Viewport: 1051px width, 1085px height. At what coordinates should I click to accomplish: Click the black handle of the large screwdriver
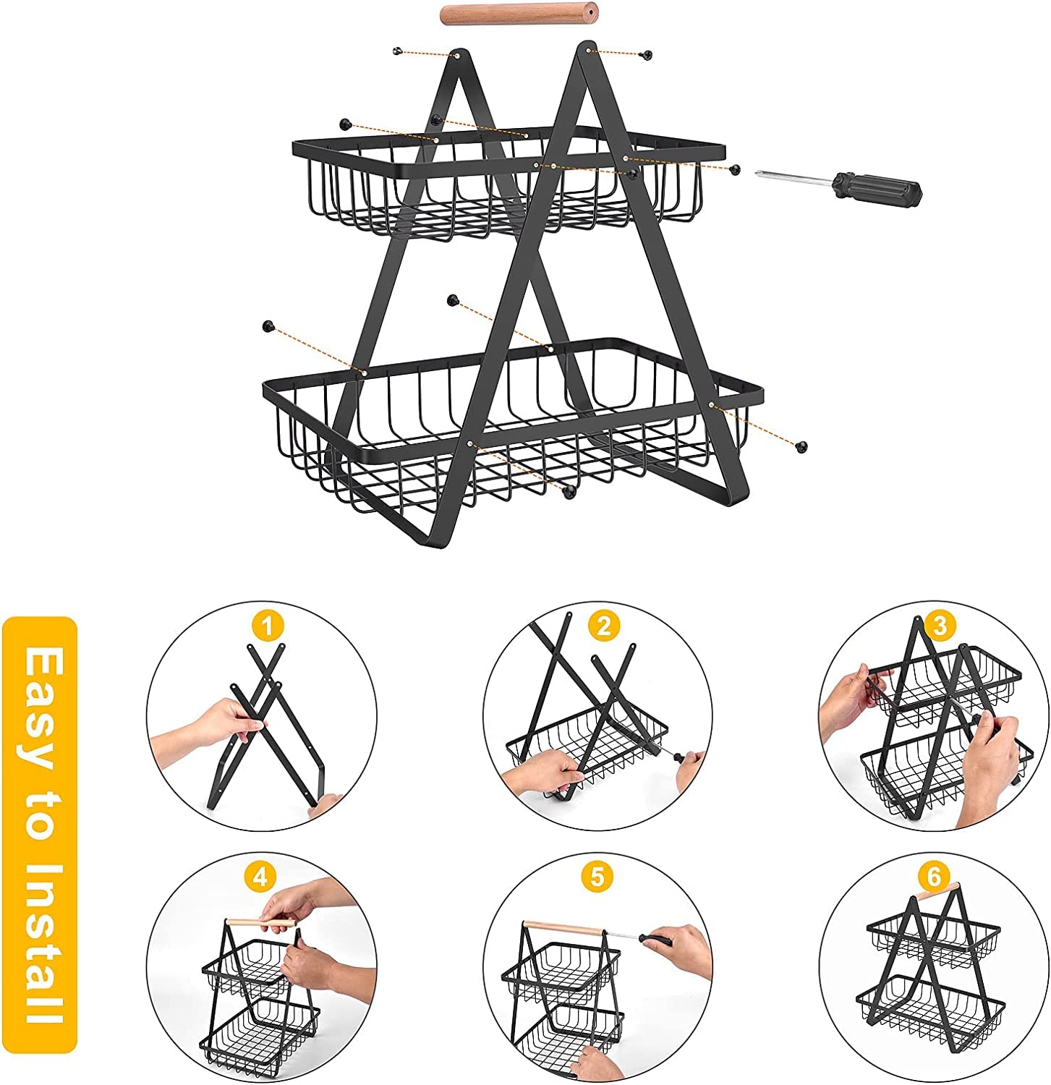(x=877, y=189)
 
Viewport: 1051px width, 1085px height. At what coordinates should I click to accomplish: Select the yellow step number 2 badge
(x=604, y=626)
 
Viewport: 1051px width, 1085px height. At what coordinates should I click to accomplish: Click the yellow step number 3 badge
(x=940, y=626)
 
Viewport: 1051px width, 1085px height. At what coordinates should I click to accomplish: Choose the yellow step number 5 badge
(x=597, y=877)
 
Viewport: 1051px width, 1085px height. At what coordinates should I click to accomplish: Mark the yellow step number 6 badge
(x=933, y=877)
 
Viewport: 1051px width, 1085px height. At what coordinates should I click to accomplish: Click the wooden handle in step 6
(x=938, y=892)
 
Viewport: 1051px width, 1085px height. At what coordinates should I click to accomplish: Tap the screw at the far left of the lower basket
(x=269, y=325)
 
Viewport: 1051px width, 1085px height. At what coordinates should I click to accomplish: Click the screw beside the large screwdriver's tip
(x=735, y=169)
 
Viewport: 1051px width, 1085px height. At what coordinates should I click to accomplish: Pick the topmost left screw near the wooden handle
(x=396, y=51)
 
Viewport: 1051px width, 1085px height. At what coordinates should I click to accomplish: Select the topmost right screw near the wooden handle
(x=647, y=54)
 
